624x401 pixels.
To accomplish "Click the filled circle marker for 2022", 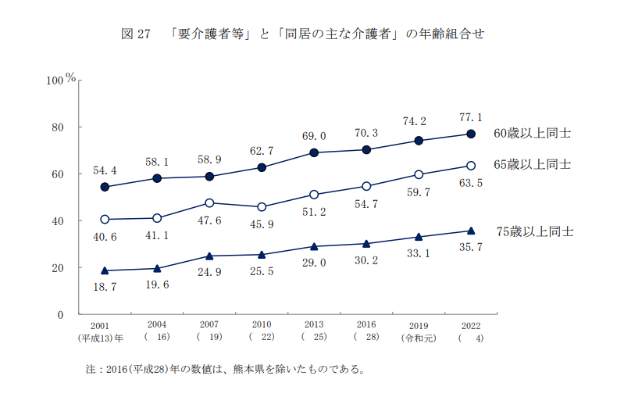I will click(471, 134).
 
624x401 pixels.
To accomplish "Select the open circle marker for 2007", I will click(209, 203).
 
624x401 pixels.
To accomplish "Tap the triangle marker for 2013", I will click(314, 247).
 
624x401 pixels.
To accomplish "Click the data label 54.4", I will click(105, 170).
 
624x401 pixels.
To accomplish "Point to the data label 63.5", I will click(470, 184).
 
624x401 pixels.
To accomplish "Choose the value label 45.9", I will click(262, 225).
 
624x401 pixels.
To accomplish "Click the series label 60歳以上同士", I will click(533, 134).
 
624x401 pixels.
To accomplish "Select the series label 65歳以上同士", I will click(533, 165).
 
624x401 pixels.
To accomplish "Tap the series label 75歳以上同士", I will click(535, 231).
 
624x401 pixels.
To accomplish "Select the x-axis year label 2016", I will click(366, 324).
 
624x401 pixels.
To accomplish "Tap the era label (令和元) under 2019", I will click(419, 338).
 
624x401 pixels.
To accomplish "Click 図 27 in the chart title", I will click(136, 34).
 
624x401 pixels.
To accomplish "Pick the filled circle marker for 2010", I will click(262, 167).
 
